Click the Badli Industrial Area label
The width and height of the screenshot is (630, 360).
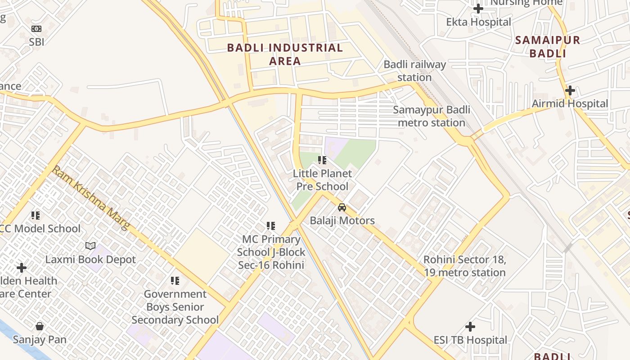pyautogui.click(x=285, y=54)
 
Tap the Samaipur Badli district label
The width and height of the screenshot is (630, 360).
pyautogui.click(x=547, y=47)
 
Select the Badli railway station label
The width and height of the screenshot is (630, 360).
pyautogui.click(x=414, y=71)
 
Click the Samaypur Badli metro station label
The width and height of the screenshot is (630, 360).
pyautogui.click(x=432, y=116)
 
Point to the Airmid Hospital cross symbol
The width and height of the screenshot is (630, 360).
pyautogui.click(x=570, y=90)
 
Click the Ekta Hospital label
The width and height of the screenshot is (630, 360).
pyautogui.click(x=478, y=22)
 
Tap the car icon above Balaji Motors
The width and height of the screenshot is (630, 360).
pyautogui.click(x=342, y=207)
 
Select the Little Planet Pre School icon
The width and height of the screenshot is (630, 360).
pyautogui.click(x=322, y=160)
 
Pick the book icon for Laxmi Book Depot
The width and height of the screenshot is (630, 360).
pyautogui.click(x=90, y=246)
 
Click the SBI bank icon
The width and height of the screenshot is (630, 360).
pyautogui.click(x=36, y=29)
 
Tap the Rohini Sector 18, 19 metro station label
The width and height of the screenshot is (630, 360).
pyautogui.click(x=464, y=266)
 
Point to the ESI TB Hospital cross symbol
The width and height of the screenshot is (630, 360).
pyautogui.click(x=470, y=326)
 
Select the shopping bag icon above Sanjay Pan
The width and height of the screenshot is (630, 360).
pyautogui.click(x=40, y=326)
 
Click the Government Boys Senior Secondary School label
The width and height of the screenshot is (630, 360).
pyautogui.click(x=175, y=307)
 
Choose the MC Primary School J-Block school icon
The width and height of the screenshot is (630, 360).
pyautogui.click(x=270, y=225)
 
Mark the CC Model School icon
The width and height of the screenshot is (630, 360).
pyautogui.click(x=36, y=216)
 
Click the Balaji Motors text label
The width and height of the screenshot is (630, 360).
pyautogui.click(x=342, y=220)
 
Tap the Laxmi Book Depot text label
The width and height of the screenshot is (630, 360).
pyautogui.click(x=90, y=260)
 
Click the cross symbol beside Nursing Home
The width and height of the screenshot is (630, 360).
pyautogui.click(x=478, y=8)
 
